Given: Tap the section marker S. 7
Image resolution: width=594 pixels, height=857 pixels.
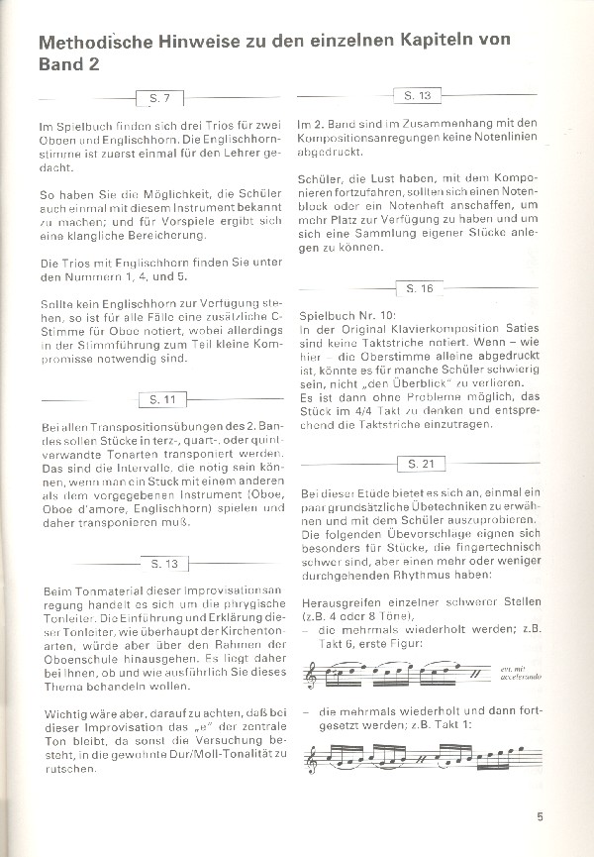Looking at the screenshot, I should coord(159,99).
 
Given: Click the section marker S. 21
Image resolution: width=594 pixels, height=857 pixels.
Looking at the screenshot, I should coord(421,464).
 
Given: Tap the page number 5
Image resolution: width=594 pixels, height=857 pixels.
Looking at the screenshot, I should coord(540,816).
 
